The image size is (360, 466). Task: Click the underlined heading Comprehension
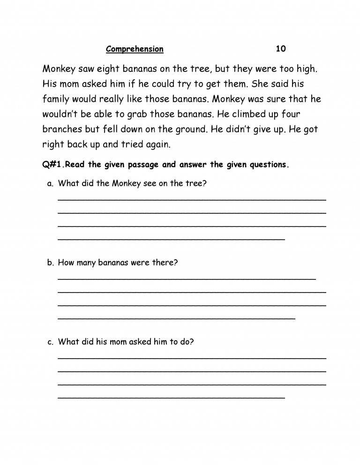(135, 49)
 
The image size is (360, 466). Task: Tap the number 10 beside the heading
(281, 49)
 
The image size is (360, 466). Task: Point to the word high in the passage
(307, 69)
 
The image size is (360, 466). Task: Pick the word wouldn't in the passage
(63, 115)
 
